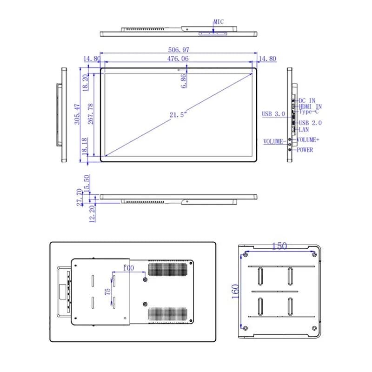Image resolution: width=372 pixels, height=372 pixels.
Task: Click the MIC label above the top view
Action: pos(219,22)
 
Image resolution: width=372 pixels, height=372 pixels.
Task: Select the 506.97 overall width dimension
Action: pos(179,50)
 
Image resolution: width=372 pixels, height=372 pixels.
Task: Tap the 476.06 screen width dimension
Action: pos(178,59)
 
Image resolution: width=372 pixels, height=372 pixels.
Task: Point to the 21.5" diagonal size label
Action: pos(178,115)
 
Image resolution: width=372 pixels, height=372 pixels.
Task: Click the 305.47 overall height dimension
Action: pos(77,114)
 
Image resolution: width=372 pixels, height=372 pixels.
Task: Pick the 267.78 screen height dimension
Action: pos(91,114)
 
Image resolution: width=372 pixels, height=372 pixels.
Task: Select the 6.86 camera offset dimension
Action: pos(183,81)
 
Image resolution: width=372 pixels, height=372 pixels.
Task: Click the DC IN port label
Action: pos(307,100)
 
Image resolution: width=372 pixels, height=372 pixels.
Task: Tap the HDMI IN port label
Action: pos(310,106)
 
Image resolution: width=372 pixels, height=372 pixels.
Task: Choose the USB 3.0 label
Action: pos(273,114)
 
